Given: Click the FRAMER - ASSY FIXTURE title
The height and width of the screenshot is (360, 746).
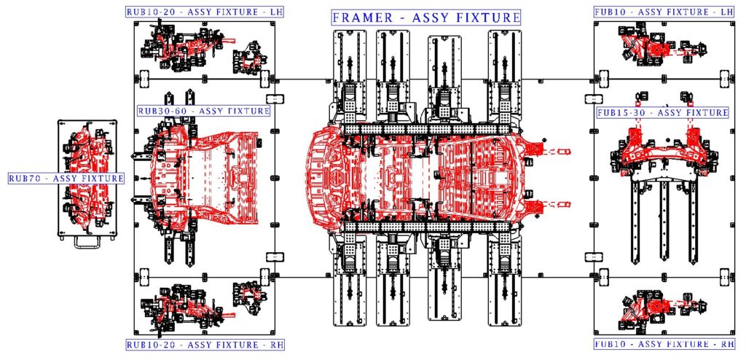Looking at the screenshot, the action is (425, 18).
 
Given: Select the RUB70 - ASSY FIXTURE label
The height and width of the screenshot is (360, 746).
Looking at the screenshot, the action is (66, 179).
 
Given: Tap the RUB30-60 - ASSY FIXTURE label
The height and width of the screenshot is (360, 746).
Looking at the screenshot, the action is (204, 111).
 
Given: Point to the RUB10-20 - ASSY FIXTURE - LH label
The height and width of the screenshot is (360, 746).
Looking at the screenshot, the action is (205, 12).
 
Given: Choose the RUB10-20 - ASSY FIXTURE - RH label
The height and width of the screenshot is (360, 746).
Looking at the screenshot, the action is (205, 344).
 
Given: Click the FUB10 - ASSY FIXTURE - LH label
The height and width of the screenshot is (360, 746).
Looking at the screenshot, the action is (664, 12).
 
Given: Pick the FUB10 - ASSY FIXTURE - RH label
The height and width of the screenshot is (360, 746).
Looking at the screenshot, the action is (664, 344).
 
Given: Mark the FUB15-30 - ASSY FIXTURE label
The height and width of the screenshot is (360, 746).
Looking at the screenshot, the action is (662, 112).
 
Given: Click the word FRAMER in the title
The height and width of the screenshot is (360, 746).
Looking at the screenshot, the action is (363, 18).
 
